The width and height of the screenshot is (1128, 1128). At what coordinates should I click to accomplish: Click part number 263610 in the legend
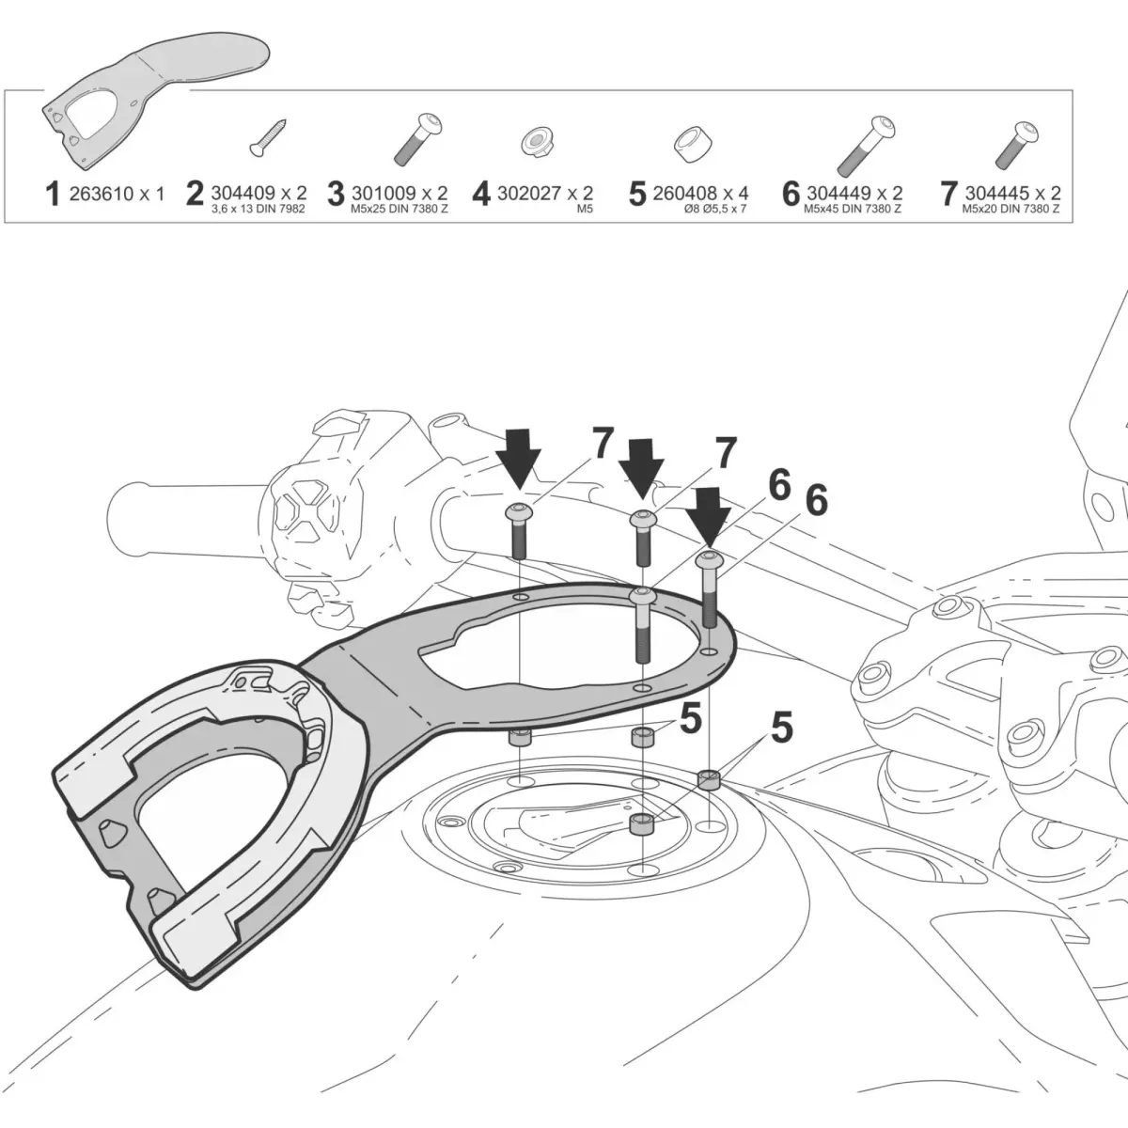tap(102, 194)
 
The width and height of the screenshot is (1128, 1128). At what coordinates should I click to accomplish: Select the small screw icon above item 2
tap(268, 138)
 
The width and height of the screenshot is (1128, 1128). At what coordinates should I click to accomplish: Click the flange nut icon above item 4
tap(538, 143)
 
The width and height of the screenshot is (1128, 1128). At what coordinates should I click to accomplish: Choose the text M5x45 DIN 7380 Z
tap(853, 209)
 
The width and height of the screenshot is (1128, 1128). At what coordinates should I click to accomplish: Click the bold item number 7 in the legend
tap(948, 194)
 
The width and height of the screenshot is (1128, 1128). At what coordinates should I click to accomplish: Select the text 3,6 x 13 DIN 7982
tap(258, 209)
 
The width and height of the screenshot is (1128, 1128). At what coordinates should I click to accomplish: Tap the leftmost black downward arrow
tap(518, 458)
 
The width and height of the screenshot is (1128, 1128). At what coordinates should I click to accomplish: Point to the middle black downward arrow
tap(641, 469)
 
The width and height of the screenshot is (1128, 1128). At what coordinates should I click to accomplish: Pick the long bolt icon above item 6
tap(866, 147)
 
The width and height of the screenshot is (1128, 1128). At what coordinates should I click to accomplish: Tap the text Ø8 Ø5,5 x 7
tap(715, 209)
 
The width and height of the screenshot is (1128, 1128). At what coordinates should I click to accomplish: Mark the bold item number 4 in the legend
tap(481, 194)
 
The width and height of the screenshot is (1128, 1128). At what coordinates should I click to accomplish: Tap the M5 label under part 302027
tap(585, 209)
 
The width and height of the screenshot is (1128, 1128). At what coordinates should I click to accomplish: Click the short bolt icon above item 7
tap(1017, 145)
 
